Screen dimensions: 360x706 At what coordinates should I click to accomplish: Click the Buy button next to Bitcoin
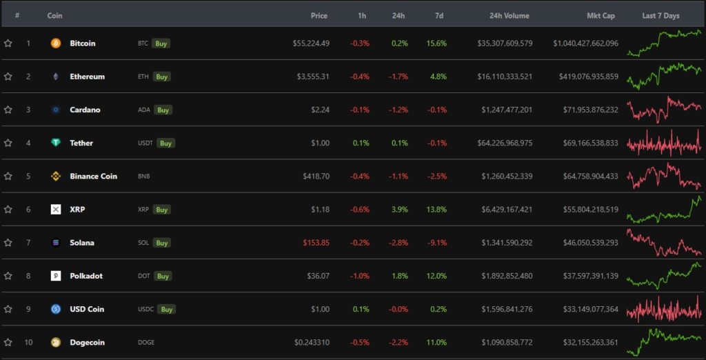pyautogui.click(x=161, y=43)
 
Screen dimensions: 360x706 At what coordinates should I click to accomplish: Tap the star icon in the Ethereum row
pyautogui.click(x=8, y=77)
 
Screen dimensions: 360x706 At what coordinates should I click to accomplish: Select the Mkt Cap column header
pyautogui.click(x=601, y=15)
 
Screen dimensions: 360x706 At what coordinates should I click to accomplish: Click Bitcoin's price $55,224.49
pyautogui.click(x=311, y=43)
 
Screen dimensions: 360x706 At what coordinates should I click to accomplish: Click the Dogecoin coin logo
pyautogui.click(x=56, y=342)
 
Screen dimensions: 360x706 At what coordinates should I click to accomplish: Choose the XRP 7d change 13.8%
pyautogui.click(x=436, y=209)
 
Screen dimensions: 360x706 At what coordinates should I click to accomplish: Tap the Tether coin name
pyautogui.click(x=81, y=143)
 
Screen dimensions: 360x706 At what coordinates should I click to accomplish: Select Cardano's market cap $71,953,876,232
pyautogui.click(x=585, y=110)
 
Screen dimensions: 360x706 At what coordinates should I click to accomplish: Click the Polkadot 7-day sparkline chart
pyautogui.click(x=663, y=275)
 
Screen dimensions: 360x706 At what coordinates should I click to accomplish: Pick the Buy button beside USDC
pyautogui.click(x=167, y=309)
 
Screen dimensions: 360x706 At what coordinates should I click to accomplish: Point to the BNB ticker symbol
pyautogui.click(x=143, y=176)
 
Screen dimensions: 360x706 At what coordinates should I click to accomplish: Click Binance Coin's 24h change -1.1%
pyautogui.click(x=399, y=176)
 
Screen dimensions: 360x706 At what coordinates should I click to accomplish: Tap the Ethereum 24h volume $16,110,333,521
pyautogui.click(x=505, y=77)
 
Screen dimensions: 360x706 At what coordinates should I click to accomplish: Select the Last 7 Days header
pyautogui.click(x=660, y=15)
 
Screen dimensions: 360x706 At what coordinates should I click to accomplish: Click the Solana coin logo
pyautogui.click(x=56, y=243)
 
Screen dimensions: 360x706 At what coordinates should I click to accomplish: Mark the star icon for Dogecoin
pyautogui.click(x=8, y=342)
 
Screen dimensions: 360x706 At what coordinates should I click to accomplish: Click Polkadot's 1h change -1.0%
pyautogui.click(x=359, y=276)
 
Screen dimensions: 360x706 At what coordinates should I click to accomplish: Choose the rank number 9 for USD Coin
pyautogui.click(x=28, y=309)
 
